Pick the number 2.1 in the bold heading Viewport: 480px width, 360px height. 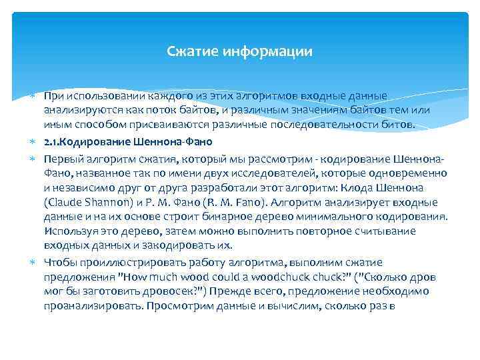51,141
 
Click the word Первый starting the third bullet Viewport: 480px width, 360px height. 62,159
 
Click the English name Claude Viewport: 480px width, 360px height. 67,202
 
